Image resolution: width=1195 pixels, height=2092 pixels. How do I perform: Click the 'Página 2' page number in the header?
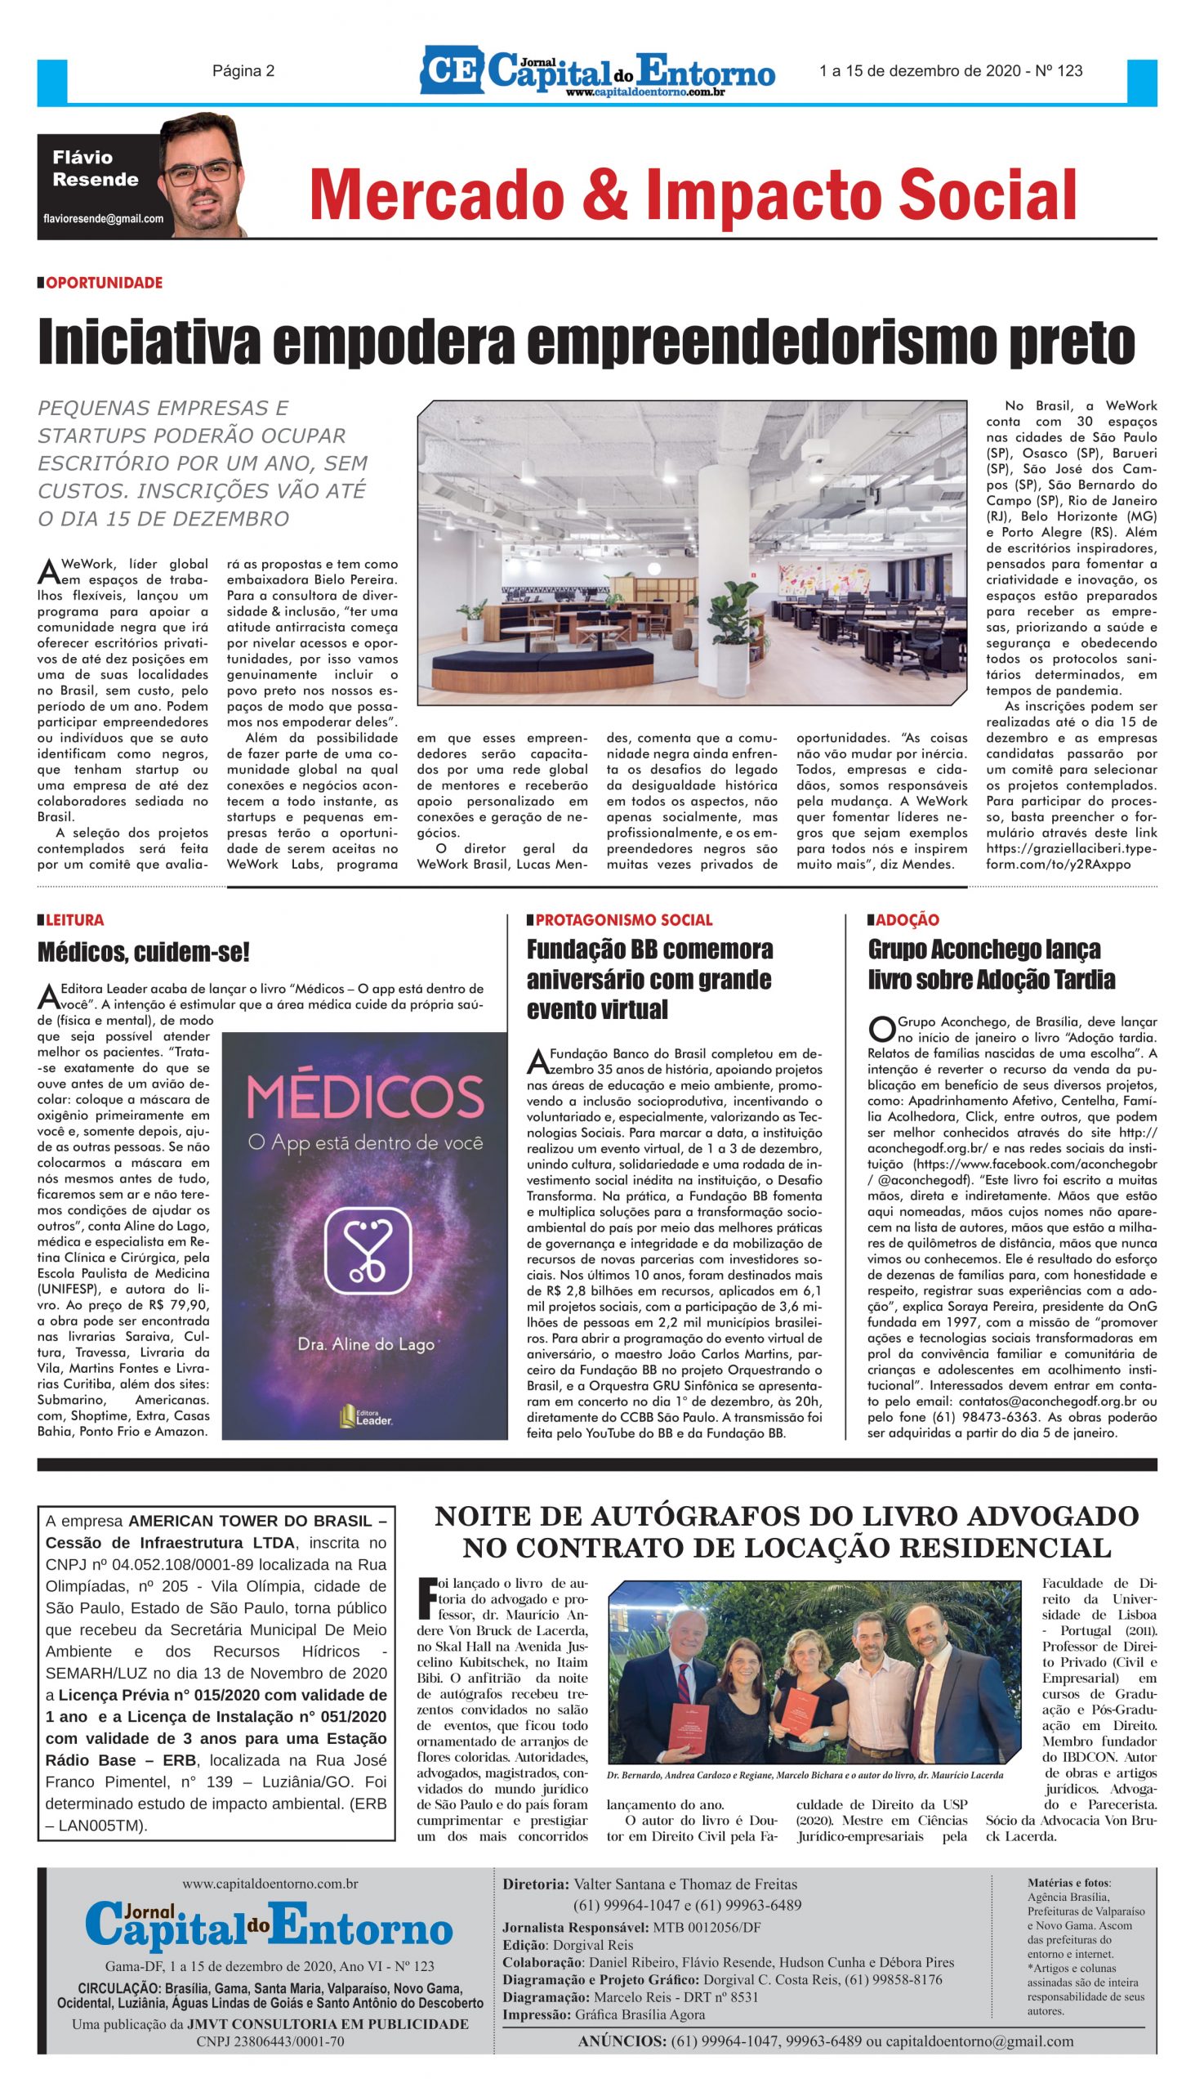tap(243, 70)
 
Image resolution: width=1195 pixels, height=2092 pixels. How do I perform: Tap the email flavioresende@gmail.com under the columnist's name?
tap(103, 219)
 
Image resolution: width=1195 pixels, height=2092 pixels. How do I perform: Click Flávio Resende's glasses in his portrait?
tap(198, 172)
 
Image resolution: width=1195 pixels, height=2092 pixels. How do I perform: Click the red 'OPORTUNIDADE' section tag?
tap(104, 283)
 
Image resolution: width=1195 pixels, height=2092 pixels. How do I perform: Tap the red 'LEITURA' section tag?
tap(74, 920)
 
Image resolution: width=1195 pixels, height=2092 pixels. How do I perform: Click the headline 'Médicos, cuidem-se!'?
tap(144, 952)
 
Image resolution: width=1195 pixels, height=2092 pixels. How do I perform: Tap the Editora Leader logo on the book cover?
tap(365, 1414)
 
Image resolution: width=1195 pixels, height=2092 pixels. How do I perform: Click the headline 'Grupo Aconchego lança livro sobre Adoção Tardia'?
tap(992, 965)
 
